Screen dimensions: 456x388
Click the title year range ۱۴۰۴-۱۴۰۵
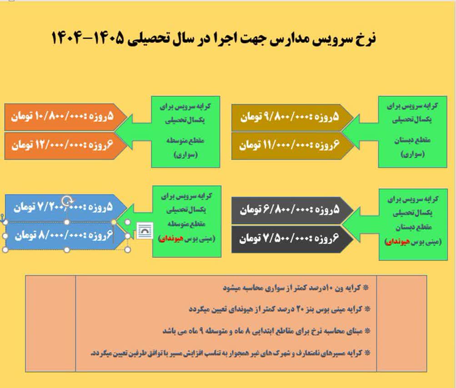click(88, 38)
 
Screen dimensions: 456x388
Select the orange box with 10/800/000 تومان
click(66, 117)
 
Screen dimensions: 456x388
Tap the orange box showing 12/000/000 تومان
click(66, 145)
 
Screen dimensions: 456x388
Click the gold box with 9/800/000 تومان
click(292, 117)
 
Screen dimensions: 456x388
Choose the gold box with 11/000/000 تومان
click(292, 146)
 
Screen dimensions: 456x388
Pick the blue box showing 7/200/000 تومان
click(66, 208)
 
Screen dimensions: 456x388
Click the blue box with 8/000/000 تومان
click(66, 236)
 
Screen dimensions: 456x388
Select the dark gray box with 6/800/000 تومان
click(292, 210)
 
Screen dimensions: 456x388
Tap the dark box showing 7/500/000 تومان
click(292, 239)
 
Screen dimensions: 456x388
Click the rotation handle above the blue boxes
click(67, 200)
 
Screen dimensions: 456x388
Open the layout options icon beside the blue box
click(145, 231)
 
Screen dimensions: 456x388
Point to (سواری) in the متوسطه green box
click(185, 154)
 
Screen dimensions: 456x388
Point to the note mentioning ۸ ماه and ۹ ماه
click(266, 331)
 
